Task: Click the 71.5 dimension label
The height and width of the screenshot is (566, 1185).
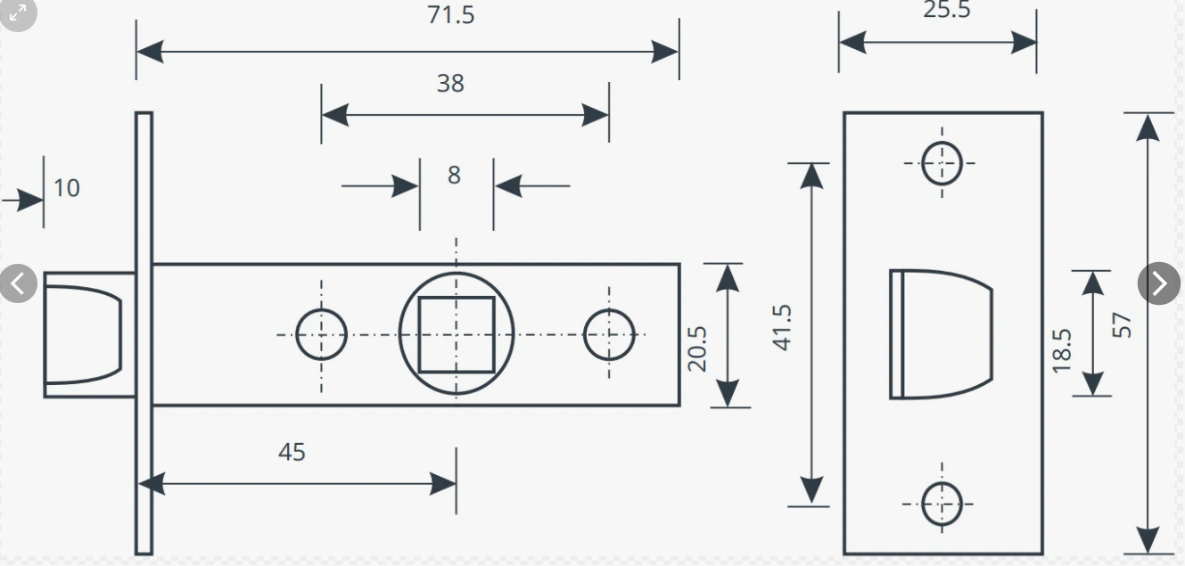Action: [451, 15]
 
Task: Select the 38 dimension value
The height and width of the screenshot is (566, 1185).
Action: [450, 83]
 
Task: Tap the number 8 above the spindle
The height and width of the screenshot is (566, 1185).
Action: [454, 175]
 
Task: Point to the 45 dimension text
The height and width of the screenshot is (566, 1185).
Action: [292, 452]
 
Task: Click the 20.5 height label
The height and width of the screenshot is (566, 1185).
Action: [697, 348]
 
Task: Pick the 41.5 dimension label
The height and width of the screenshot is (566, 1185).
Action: [782, 327]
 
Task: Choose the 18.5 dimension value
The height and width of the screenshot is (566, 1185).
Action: [1061, 349]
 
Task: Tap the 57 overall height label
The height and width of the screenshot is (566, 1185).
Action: [1123, 324]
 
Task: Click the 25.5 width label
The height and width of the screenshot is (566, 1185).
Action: [946, 10]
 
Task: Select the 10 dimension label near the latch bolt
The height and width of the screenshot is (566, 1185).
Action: [66, 188]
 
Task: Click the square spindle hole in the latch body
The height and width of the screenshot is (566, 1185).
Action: [457, 334]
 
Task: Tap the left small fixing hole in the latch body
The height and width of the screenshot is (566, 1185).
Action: [321, 334]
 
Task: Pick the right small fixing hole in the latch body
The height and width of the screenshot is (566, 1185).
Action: [609, 335]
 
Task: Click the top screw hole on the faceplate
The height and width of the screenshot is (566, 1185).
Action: [942, 163]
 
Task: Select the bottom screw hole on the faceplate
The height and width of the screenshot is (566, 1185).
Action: [942, 504]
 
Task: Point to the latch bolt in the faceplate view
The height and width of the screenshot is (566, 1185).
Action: [940, 334]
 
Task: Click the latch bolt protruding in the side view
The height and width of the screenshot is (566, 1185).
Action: [84, 334]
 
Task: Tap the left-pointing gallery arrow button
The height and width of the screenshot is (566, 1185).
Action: [18, 283]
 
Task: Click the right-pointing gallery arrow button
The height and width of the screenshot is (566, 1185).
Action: [1159, 283]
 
